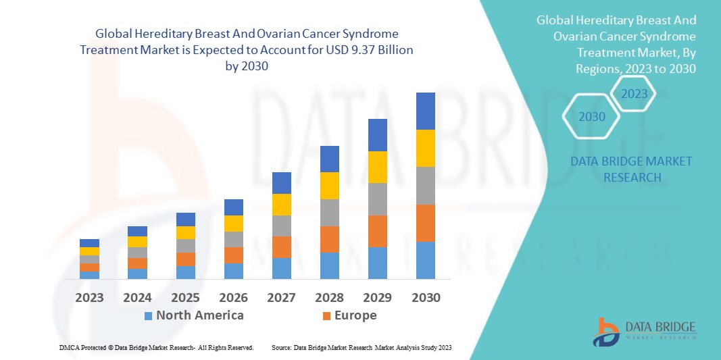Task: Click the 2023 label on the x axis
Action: coord(89,297)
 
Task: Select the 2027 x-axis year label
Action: coord(281,297)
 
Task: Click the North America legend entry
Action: coord(193,315)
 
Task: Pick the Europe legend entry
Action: coord(349,315)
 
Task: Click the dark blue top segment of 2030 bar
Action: coord(425,111)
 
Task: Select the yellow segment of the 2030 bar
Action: coord(425,148)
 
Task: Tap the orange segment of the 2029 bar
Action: coord(377,231)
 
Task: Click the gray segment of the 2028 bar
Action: coord(329,212)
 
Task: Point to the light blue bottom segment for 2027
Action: coord(281,268)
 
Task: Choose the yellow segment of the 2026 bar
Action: coord(233,224)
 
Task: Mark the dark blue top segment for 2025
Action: coord(185,220)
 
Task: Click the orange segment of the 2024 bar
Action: coord(137,263)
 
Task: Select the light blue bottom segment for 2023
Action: coord(89,275)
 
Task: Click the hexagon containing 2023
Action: coord(634,94)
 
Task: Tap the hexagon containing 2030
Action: coord(592,117)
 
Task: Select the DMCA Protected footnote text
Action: coord(155,347)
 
